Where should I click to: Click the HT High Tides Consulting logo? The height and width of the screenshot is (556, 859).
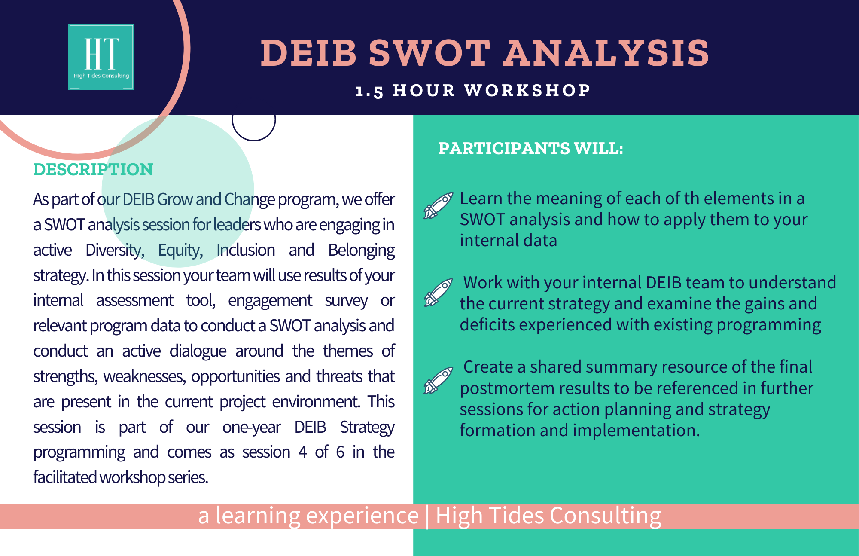(101, 57)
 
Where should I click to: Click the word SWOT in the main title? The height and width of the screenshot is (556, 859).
(429, 53)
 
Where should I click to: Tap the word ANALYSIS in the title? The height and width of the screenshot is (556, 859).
(606, 53)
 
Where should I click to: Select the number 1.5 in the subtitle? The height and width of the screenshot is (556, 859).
(369, 91)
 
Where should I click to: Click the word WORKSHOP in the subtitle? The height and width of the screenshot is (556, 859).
(527, 90)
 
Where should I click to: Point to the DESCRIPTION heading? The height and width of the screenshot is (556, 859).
(93, 169)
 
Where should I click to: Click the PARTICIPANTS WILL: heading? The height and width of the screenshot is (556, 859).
(530, 148)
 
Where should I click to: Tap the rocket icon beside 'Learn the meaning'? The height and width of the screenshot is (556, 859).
(438, 205)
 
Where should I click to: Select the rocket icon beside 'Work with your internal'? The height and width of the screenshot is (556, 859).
(438, 292)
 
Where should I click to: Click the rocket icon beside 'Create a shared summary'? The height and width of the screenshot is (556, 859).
(438, 380)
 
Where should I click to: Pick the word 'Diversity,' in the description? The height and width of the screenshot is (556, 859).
(115, 250)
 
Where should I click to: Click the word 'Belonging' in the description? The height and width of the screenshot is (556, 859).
(361, 250)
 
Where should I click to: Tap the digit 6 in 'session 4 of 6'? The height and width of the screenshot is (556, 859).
(340, 452)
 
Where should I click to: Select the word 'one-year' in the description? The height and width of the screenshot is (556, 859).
(252, 427)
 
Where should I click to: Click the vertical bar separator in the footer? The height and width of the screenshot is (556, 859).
(427, 516)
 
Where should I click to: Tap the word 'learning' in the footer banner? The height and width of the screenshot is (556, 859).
(257, 516)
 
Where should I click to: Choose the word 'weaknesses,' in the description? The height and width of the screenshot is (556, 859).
(144, 376)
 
